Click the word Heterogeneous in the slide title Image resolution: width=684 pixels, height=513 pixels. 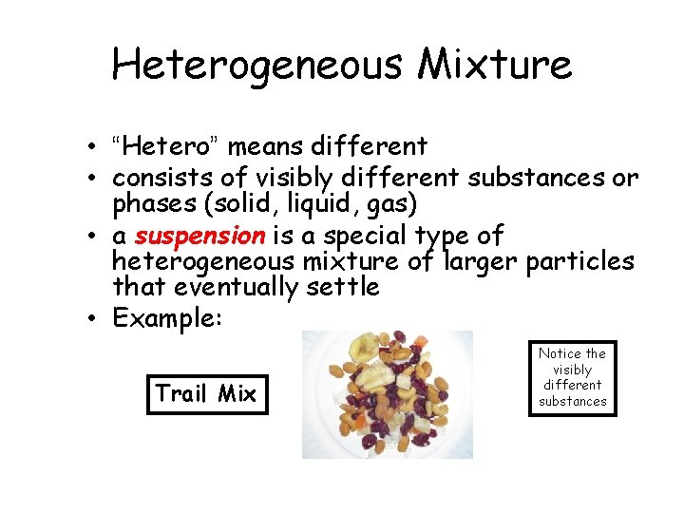point(257,65)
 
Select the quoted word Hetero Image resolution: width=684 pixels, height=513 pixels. point(166,147)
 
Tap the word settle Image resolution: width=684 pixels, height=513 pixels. point(344,286)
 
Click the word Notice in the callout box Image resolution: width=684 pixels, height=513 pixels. point(557,353)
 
